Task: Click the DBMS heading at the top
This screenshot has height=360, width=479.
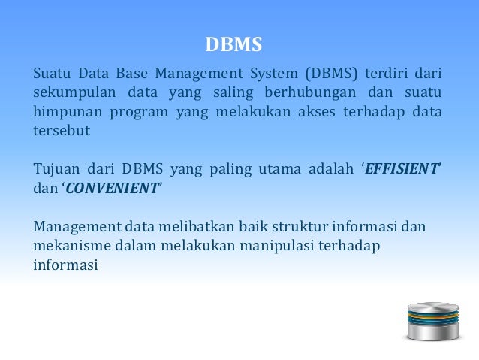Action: pos(233,45)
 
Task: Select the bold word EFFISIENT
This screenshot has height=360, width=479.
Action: pos(402,168)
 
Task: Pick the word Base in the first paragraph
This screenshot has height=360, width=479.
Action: pos(132,74)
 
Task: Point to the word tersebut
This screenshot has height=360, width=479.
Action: pos(62,131)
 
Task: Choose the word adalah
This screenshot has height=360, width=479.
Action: pos(328,168)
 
